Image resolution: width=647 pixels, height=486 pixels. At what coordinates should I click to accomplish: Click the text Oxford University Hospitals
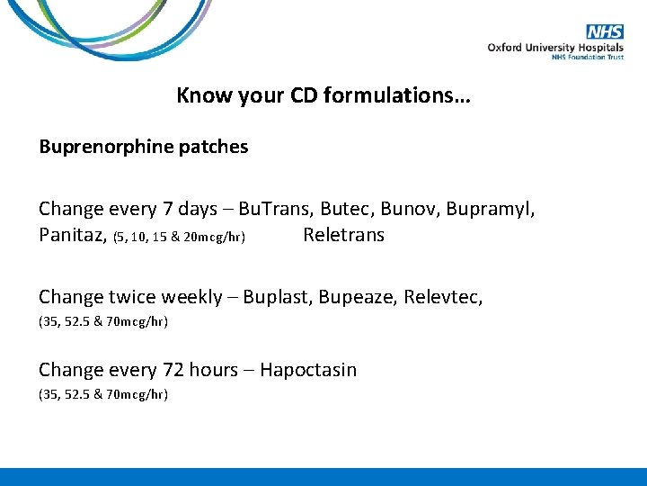pos(555,47)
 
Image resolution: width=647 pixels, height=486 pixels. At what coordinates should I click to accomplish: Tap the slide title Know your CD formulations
pos(323,95)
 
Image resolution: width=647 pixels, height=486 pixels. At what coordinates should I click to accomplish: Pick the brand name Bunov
pos(403,210)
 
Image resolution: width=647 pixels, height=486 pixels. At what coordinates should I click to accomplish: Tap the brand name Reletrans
pos(343,236)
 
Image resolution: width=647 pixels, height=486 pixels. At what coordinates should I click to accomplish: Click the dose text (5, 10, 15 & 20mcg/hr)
pos(180,238)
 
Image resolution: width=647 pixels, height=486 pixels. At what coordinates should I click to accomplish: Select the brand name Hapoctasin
pos(308,370)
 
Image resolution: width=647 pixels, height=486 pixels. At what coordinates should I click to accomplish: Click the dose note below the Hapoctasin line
pos(103,394)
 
